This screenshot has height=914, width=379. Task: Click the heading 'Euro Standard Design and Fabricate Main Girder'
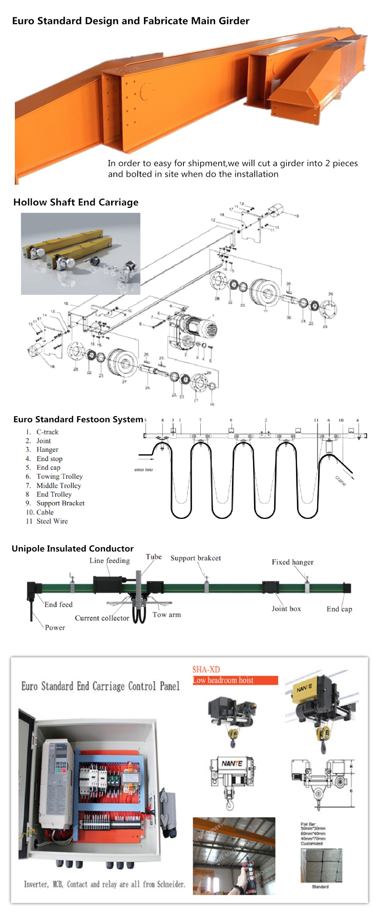(x=131, y=21)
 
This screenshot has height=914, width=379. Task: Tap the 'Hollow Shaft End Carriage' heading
(x=76, y=202)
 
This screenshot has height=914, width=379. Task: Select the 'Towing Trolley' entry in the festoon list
(x=59, y=476)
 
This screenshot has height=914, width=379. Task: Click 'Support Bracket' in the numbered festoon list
(x=60, y=503)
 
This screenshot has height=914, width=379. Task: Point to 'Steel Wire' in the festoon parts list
(x=52, y=521)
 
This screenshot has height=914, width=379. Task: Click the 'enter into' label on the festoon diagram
(x=143, y=469)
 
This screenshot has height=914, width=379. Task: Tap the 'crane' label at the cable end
(x=341, y=481)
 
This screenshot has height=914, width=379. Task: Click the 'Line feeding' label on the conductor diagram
(x=110, y=560)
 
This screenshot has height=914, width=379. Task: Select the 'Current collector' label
(x=102, y=618)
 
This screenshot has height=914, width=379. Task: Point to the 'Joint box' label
(x=286, y=608)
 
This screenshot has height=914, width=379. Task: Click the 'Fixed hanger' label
(x=292, y=562)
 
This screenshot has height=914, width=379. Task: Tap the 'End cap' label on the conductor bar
(x=339, y=609)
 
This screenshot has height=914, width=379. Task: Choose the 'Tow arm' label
(x=166, y=615)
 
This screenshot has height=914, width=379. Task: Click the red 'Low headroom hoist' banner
(x=235, y=680)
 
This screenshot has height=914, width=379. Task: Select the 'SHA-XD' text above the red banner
(x=206, y=669)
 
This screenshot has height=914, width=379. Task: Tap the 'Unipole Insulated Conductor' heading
(x=73, y=549)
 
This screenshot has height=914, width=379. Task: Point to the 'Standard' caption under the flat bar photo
(x=320, y=886)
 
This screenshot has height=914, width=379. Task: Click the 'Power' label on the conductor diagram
(x=55, y=627)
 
